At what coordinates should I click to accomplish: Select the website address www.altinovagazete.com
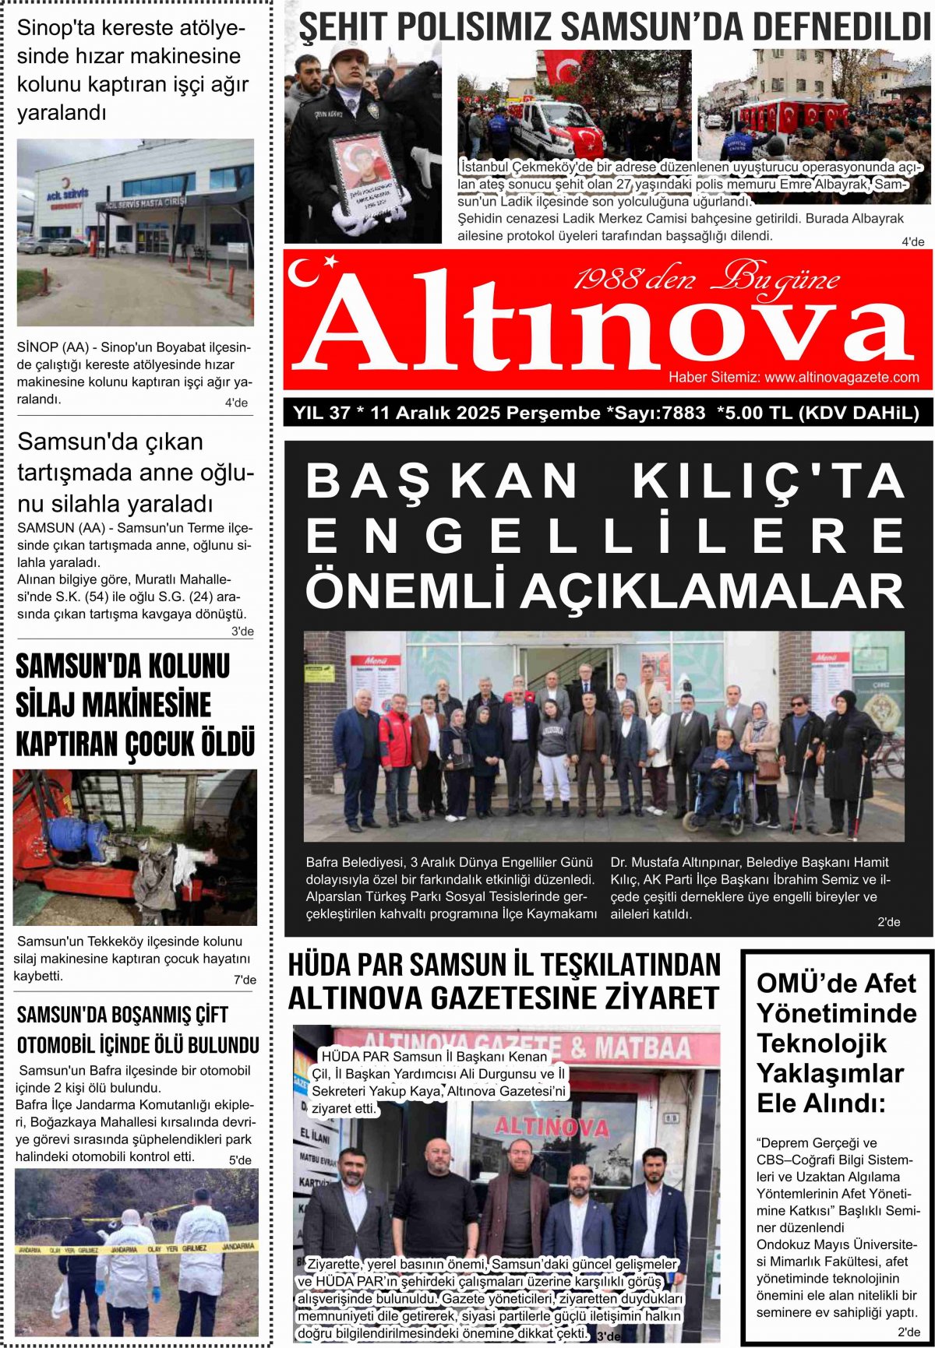pos(841,378)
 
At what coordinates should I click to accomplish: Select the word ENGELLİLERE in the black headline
pos(605,536)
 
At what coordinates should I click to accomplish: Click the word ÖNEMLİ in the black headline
pos(404,591)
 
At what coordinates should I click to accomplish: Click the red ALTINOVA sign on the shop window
pos(552,1126)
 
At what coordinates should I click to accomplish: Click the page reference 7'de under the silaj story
pos(245,980)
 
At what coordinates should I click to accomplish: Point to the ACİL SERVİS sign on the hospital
pos(67,194)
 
